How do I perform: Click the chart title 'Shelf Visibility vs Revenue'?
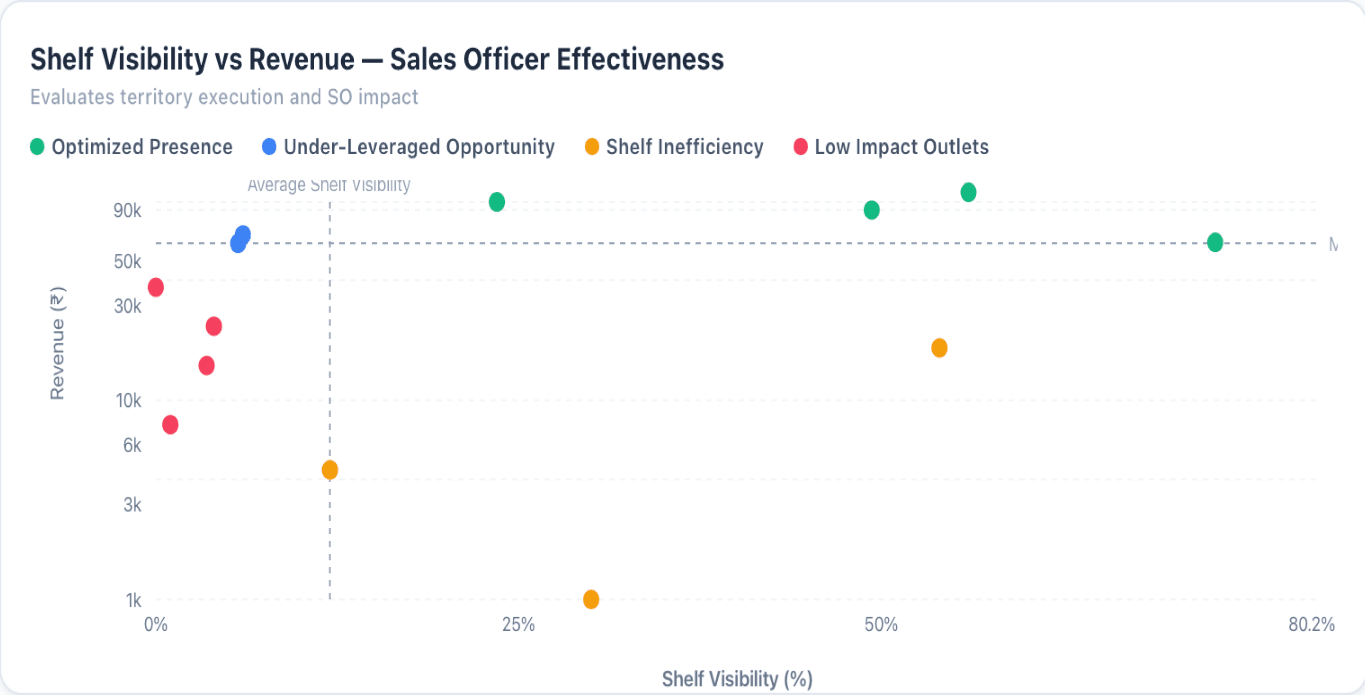point(376,59)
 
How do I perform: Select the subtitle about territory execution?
point(224,97)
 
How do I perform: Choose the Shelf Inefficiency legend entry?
point(674,147)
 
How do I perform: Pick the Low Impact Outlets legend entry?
point(891,147)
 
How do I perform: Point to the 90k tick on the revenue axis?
point(127,210)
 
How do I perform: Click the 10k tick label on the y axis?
point(128,400)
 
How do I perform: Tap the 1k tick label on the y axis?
point(133,600)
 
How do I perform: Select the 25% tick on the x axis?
point(518,624)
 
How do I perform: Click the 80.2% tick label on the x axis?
point(1311,624)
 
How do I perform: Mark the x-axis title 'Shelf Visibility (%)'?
point(737,678)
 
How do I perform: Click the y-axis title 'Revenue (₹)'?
point(57,342)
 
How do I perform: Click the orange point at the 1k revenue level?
point(591,599)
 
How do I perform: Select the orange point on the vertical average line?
point(330,470)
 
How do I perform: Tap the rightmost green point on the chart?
point(1215,242)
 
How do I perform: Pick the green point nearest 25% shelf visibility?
point(496,201)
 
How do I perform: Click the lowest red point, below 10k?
point(170,424)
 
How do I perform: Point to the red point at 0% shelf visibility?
point(156,287)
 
